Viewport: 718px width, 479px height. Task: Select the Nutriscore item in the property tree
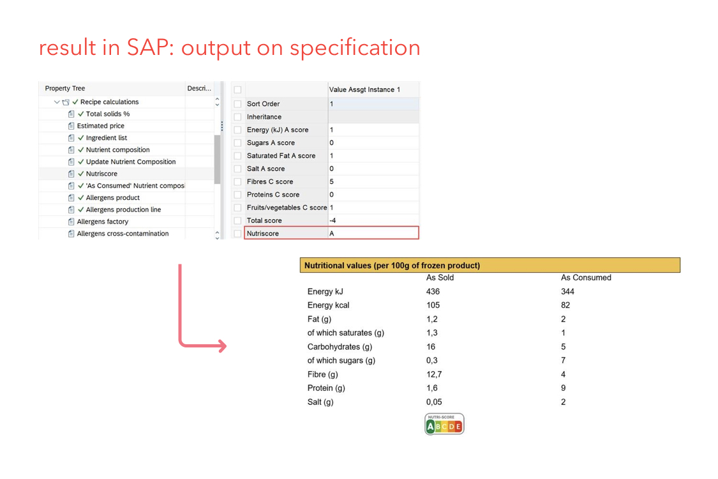click(101, 174)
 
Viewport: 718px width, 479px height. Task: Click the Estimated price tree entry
click(100, 126)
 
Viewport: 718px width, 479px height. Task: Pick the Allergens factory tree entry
click(103, 222)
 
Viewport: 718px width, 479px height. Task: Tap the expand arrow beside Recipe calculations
click(57, 102)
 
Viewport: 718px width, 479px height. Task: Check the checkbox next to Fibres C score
click(237, 182)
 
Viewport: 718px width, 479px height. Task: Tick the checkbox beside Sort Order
click(237, 104)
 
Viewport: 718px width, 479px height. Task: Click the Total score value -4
click(333, 220)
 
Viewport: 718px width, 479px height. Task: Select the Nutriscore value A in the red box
click(332, 233)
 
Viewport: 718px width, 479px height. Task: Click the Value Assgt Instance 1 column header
click(364, 89)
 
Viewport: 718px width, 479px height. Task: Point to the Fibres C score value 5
click(331, 181)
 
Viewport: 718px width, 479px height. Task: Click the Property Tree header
click(65, 88)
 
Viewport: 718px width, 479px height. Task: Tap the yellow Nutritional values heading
click(392, 266)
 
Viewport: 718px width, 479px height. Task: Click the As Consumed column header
click(586, 277)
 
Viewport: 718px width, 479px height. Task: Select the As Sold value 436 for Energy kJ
click(433, 291)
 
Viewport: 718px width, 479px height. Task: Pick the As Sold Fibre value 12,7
click(434, 374)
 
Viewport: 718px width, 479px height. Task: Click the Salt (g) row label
click(320, 402)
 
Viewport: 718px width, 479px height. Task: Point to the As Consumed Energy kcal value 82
click(565, 305)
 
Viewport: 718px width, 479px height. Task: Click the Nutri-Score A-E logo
click(444, 424)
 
